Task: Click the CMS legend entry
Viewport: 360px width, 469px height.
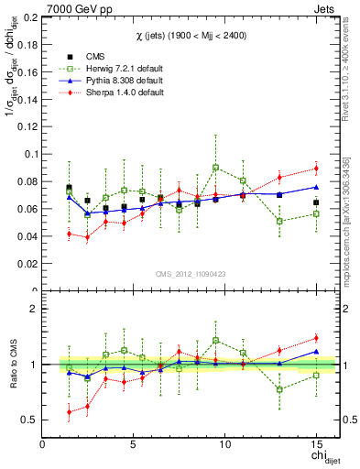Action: (84, 57)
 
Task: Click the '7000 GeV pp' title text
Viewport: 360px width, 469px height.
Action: (73, 8)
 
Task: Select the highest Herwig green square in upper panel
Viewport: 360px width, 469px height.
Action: (215, 168)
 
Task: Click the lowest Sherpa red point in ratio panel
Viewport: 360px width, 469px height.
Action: (69, 412)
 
